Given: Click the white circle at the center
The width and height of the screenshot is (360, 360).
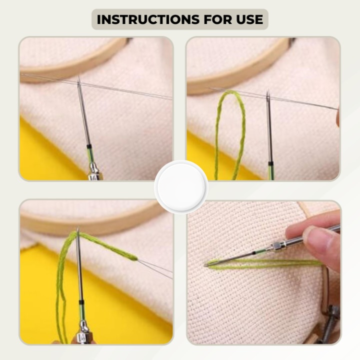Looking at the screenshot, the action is (181, 187).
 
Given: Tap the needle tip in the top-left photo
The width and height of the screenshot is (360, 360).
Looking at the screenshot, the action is (78, 76).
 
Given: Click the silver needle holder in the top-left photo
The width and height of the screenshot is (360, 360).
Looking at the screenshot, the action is (95, 171).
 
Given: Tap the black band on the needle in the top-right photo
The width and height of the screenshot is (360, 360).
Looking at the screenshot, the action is (270, 163).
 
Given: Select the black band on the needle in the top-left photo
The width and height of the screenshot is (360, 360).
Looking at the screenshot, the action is (89, 146).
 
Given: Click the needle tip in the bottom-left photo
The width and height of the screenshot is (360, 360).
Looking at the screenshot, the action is (78, 228).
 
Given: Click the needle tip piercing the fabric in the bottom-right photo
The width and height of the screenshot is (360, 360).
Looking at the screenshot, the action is (205, 265).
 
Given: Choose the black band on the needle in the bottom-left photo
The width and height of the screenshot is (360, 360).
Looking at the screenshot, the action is (81, 301).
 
